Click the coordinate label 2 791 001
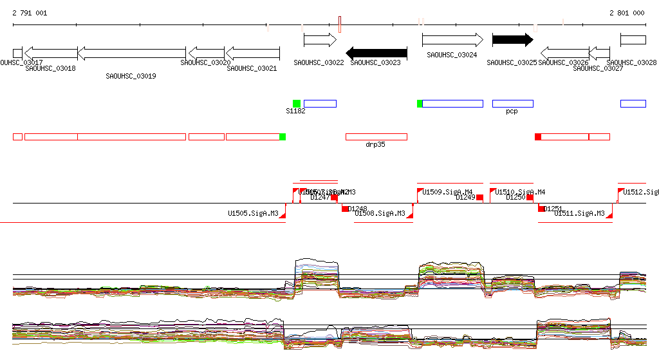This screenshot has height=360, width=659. click(x=30, y=13)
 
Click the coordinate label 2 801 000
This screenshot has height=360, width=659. click(x=627, y=13)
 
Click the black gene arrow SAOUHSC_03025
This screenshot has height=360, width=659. click(x=512, y=40)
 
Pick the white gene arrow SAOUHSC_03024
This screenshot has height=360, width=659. click(x=452, y=40)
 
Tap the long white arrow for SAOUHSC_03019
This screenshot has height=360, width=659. click(x=132, y=53)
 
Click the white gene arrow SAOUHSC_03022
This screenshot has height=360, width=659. click(x=320, y=40)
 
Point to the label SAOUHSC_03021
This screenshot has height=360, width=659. click(x=252, y=68)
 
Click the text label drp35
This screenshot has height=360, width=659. click(x=375, y=145)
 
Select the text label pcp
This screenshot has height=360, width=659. click(x=512, y=111)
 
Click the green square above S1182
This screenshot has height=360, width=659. click(x=297, y=104)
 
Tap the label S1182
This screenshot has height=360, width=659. click(x=295, y=111)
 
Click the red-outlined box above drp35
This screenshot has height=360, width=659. click(x=376, y=137)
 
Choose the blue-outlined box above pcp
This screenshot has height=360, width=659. click(x=513, y=104)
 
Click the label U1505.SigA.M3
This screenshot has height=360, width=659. click(x=253, y=213)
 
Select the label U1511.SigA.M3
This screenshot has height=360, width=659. click(x=579, y=213)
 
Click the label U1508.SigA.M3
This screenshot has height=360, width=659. click(x=380, y=213)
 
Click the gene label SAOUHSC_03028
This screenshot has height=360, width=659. click(x=632, y=63)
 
